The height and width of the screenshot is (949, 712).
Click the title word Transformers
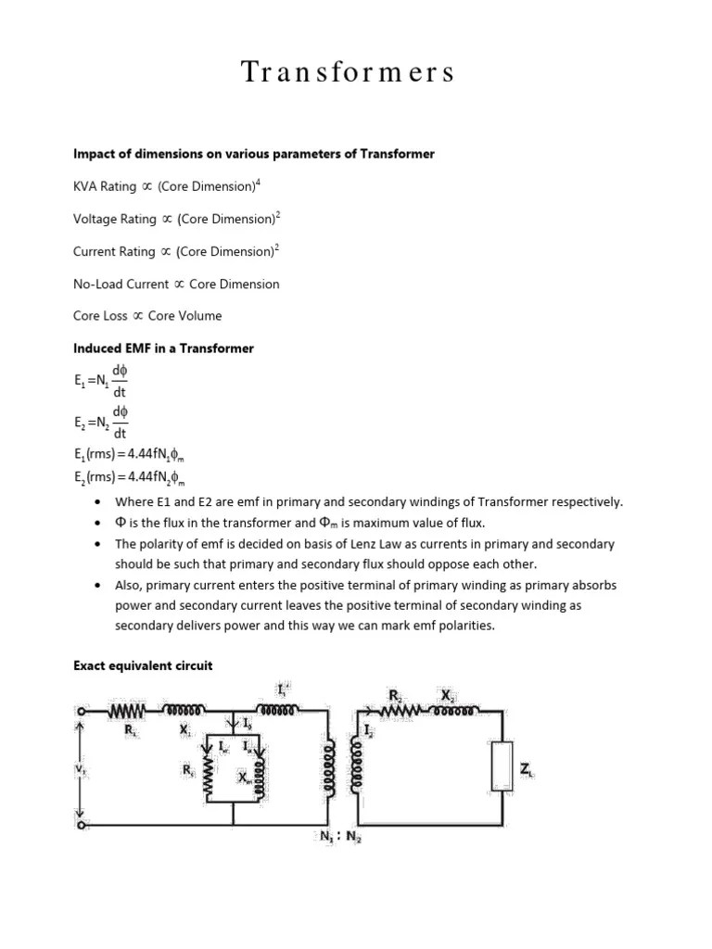point(349,72)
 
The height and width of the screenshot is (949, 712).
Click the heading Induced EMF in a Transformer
point(163,348)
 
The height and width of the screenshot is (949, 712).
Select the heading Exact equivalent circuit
point(143,665)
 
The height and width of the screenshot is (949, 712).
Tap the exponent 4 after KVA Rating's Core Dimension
point(258,183)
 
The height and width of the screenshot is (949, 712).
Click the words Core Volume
point(185,316)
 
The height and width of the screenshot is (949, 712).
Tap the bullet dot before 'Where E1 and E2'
point(98,502)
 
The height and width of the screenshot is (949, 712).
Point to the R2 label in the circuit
point(394,694)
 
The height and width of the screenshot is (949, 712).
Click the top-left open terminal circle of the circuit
point(82,712)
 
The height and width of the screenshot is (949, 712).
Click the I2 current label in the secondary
point(369,731)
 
